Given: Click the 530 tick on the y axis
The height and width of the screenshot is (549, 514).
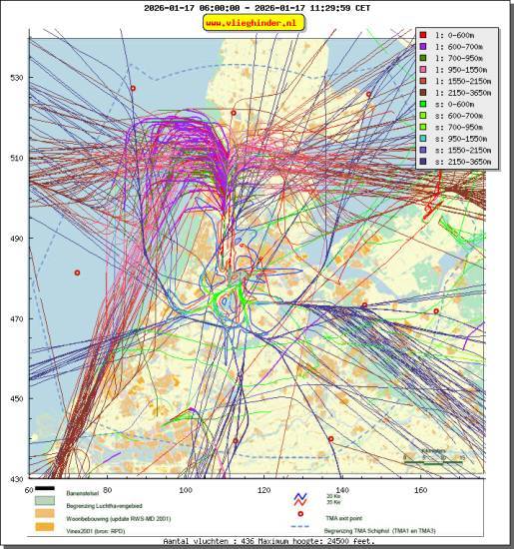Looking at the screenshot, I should coord(16,78).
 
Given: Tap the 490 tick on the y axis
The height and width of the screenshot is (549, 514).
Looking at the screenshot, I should coord(16,239).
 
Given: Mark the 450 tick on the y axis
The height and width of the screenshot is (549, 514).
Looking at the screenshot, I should coord(16,399).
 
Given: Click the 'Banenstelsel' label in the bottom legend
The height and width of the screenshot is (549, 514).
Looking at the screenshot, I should coord(84,494).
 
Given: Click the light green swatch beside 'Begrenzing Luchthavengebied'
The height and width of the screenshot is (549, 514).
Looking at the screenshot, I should coord(44,505).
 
